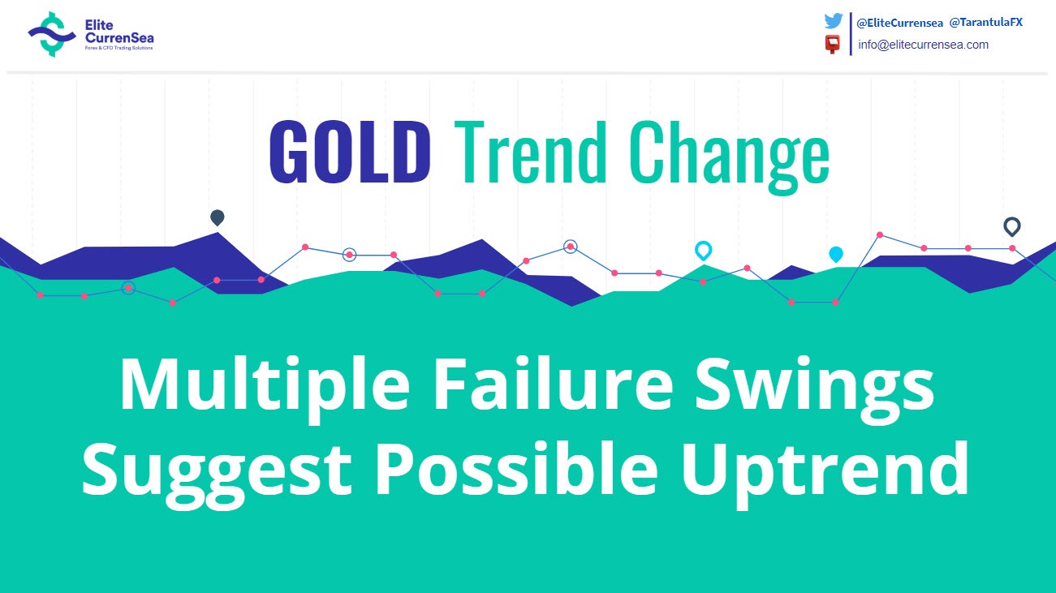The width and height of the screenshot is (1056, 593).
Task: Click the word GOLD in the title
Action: point(350,151)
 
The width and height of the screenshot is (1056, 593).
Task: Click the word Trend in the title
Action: point(530,151)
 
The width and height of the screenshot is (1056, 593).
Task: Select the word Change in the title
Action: point(730,157)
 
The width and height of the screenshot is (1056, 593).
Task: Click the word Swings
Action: point(815,389)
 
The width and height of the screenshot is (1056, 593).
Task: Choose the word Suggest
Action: point(217,474)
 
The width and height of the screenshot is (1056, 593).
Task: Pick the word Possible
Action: point(515,468)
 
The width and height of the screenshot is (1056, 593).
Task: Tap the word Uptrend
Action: point(825,474)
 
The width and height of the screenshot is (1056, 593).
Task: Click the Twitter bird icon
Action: point(834,21)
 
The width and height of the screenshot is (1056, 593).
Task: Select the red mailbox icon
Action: point(833,45)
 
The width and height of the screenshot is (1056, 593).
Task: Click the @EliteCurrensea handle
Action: point(899,23)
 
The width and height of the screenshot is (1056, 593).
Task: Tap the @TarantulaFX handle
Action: point(985,22)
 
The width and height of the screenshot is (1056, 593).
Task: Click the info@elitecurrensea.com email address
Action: point(923,45)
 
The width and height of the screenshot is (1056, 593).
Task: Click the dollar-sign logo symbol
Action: point(52,34)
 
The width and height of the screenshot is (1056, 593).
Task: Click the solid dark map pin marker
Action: point(218,217)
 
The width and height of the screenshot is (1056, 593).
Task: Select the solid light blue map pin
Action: point(836,255)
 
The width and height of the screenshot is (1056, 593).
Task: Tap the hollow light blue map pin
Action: point(704,251)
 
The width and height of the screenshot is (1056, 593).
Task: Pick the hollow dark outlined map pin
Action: point(1012,227)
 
